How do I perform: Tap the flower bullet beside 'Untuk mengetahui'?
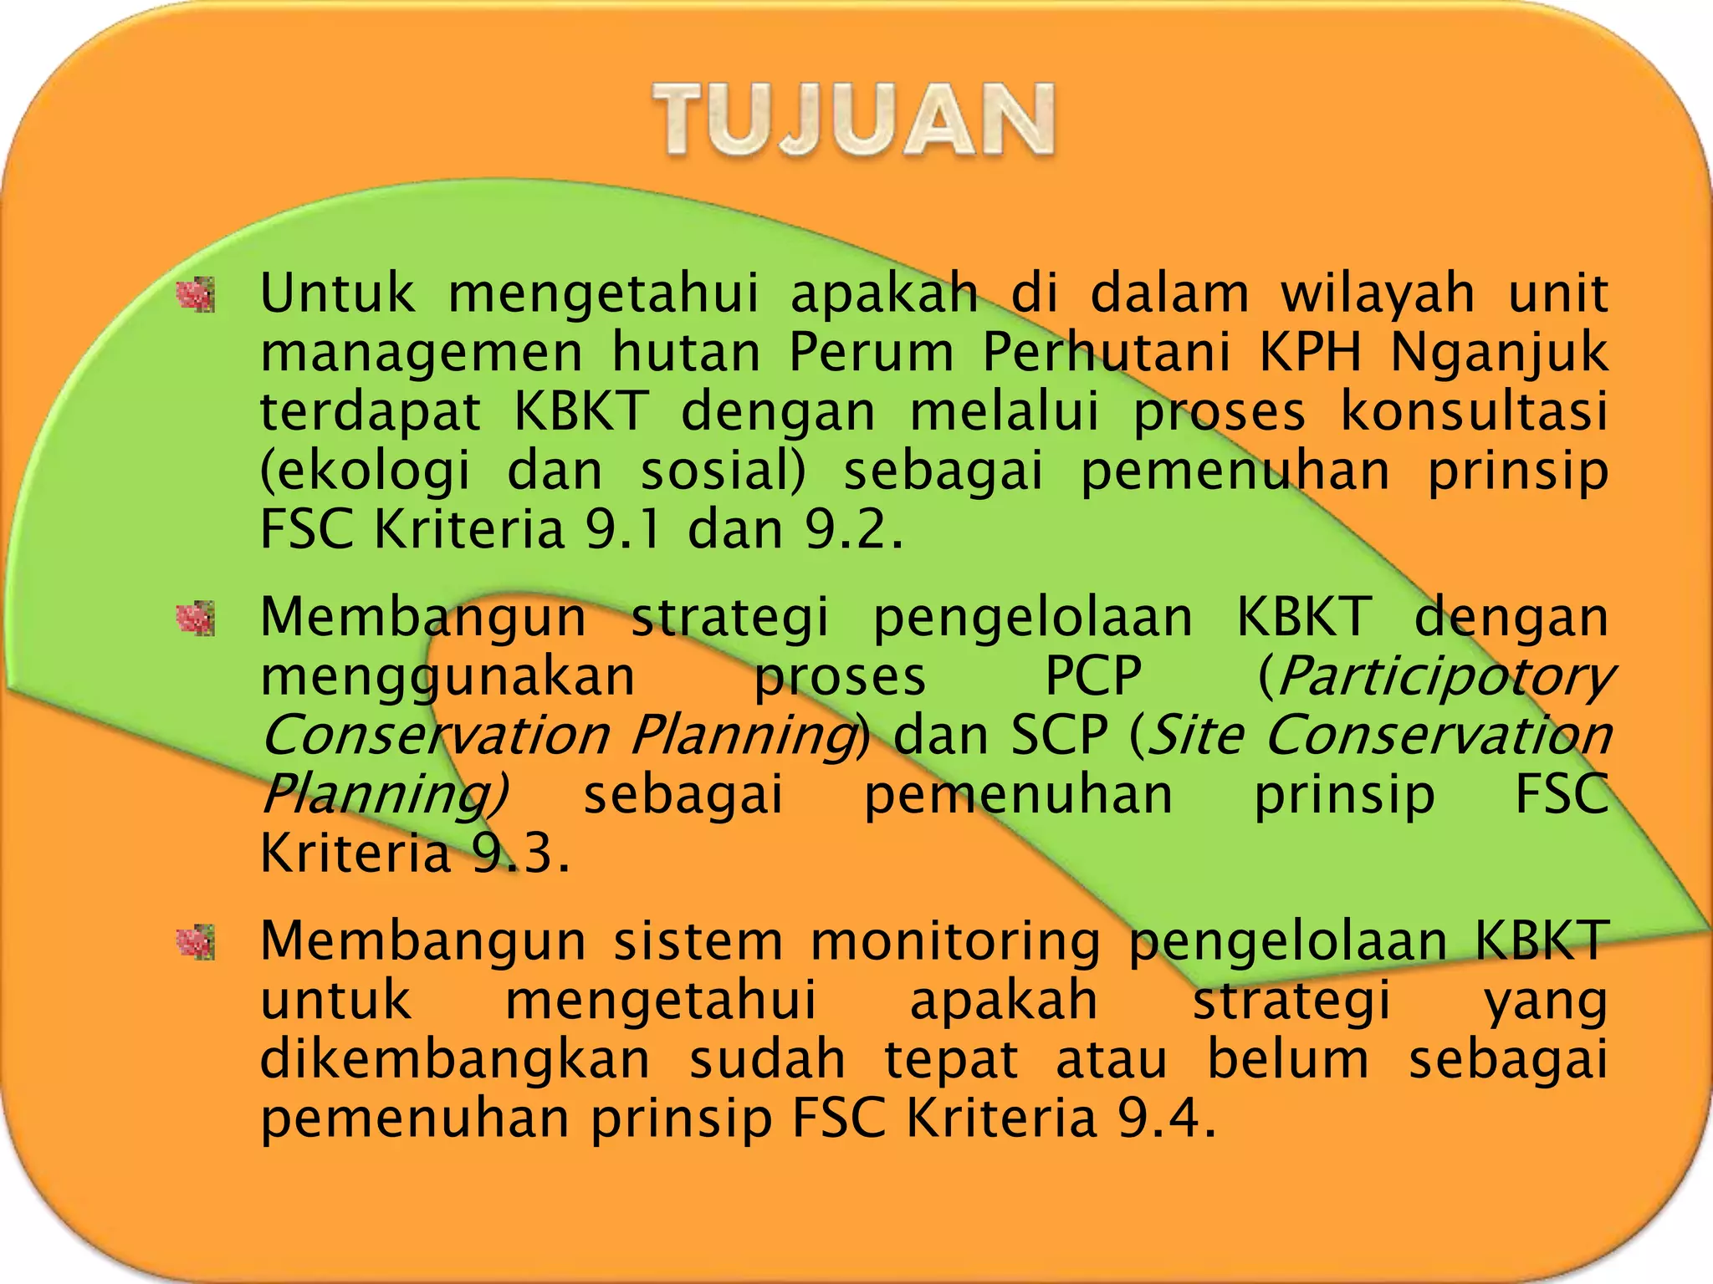pyautogui.click(x=195, y=295)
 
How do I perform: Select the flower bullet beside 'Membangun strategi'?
pyautogui.click(x=195, y=619)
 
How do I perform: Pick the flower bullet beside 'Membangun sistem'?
pyautogui.click(x=195, y=943)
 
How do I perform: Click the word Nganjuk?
pyautogui.click(x=1498, y=353)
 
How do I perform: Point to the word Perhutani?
pyautogui.click(x=1106, y=351)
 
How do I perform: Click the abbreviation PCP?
pyautogui.click(x=1093, y=675)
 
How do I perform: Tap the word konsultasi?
pyautogui.click(x=1474, y=411)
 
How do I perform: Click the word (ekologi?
pyautogui.click(x=366, y=471)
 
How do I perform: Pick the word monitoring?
pyautogui.click(x=955, y=941)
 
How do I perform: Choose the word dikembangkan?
pyautogui.click(x=455, y=1059)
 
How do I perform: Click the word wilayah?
pyautogui.click(x=1378, y=294)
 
